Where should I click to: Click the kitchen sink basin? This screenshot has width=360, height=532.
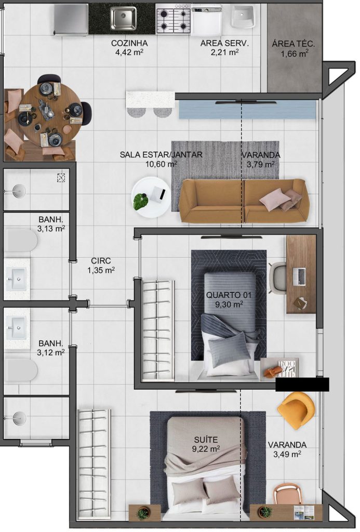pos(123,18)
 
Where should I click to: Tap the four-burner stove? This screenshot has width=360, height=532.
pos(173,19)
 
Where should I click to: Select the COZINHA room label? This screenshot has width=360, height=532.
pos(129,44)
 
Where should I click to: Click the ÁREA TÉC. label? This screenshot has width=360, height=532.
pos(293,44)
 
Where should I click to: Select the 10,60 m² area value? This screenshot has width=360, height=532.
pos(161,164)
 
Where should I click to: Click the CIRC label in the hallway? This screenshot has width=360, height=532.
pos(101,261)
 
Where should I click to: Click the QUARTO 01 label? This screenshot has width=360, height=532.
pos(229,295)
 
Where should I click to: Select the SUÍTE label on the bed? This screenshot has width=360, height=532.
pos(206,440)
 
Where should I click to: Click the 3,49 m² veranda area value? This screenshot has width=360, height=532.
pos(287,454)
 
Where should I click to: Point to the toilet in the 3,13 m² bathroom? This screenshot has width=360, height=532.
pos(20,241)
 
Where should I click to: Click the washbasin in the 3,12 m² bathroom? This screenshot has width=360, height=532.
pos(17,328)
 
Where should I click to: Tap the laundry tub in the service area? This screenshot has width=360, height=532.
pos(243,18)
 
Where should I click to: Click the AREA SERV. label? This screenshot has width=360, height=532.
pos(224,44)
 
